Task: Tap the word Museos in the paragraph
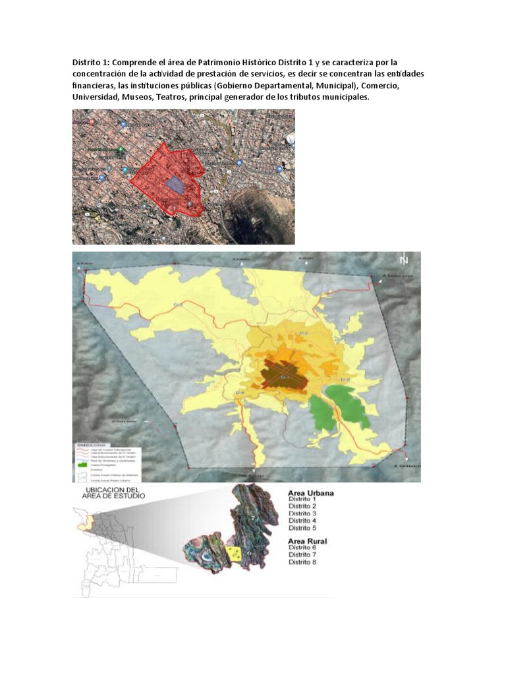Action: coord(141,98)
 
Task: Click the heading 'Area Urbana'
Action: coord(311,492)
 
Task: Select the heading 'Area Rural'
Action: coord(308,541)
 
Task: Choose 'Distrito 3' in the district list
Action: coord(302,514)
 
